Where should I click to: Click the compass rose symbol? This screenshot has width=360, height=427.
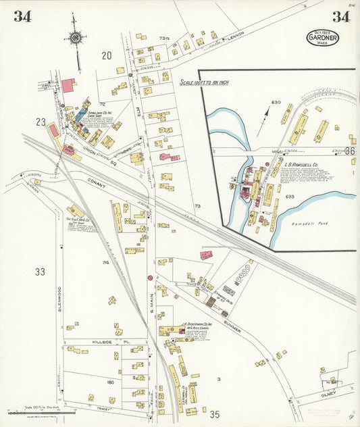pos(75,38)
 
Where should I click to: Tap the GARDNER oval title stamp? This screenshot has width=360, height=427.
pos(323,39)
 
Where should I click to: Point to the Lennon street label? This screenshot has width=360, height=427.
pos(235,39)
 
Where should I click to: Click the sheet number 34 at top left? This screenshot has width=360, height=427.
pos(22,17)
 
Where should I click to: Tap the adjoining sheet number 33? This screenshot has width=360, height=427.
pos(40,272)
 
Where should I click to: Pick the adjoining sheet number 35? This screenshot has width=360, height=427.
pos(215,414)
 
